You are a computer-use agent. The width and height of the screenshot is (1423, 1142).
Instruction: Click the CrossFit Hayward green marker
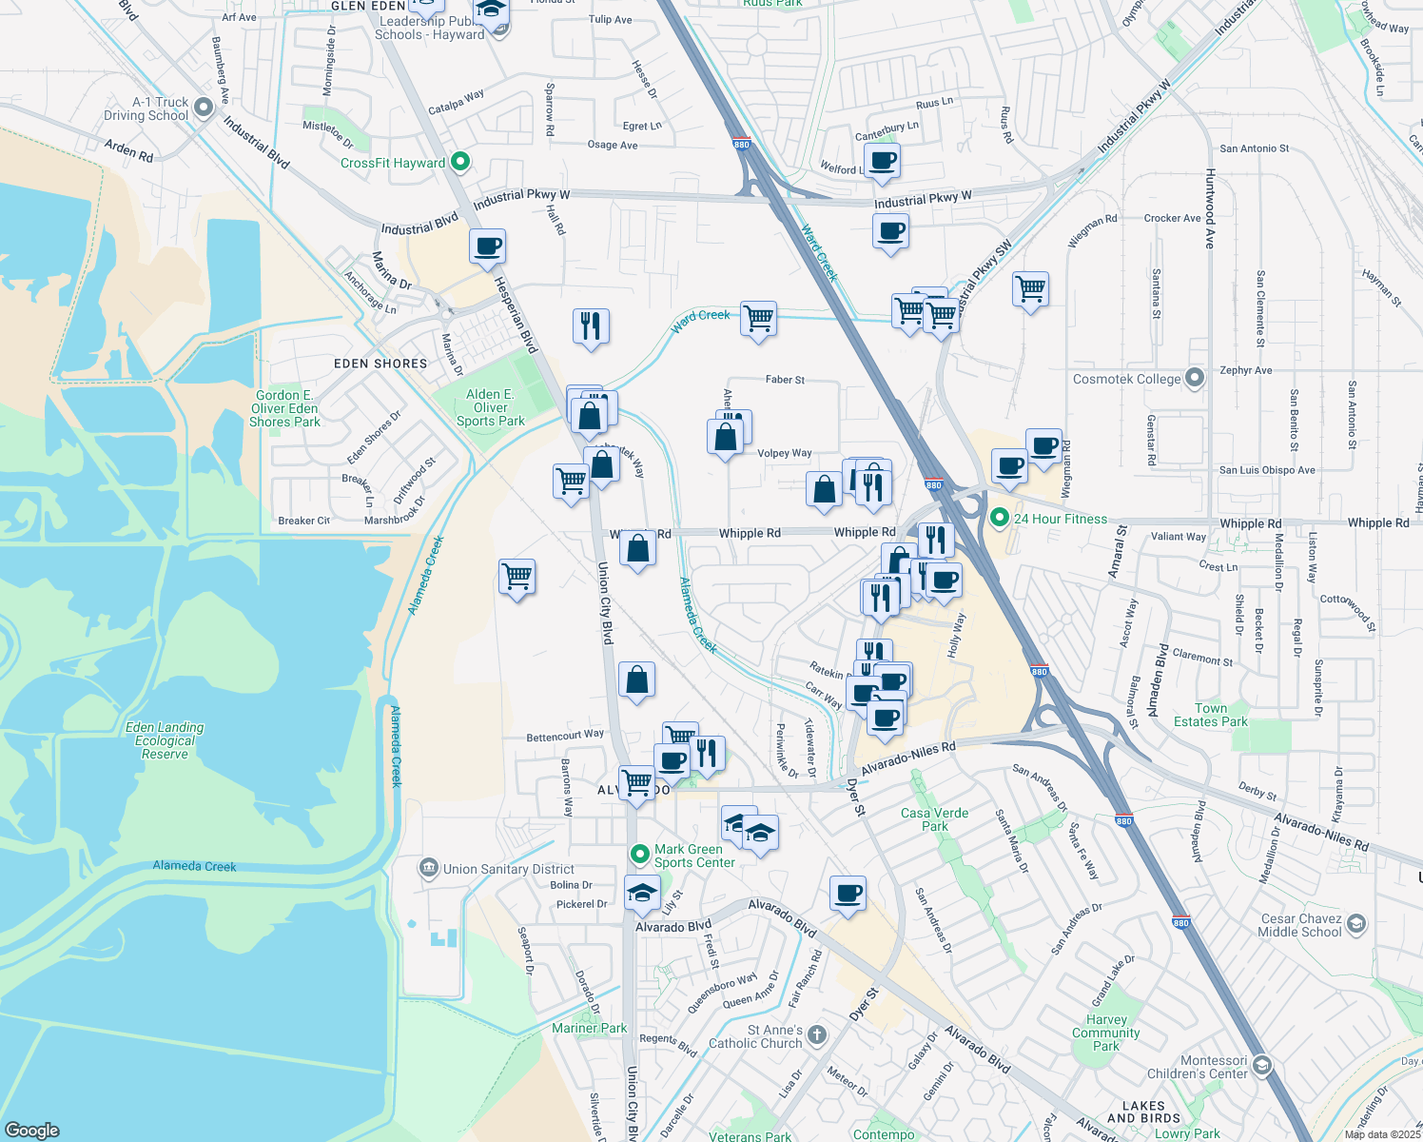(x=460, y=162)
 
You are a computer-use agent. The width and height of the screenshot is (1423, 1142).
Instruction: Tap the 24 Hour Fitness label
(x=1060, y=519)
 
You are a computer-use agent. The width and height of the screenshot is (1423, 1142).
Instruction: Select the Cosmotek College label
(x=1126, y=379)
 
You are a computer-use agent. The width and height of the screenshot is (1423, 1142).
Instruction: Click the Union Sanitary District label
(x=508, y=869)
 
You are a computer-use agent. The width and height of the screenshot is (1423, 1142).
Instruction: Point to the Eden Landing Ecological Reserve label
(x=165, y=740)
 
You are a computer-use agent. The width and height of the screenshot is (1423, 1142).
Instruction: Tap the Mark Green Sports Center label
(x=694, y=856)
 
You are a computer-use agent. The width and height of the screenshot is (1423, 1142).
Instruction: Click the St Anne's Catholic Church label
(x=755, y=1036)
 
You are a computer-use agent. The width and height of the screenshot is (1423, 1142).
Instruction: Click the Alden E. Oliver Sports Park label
(x=490, y=407)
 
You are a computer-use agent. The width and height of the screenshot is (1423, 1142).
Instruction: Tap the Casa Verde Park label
(x=934, y=819)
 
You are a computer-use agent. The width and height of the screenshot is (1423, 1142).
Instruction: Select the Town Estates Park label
(x=1210, y=715)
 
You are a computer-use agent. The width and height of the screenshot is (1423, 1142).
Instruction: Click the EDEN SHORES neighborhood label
(x=380, y=364)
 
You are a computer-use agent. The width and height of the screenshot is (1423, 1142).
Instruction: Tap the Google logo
(x=32, y=1130)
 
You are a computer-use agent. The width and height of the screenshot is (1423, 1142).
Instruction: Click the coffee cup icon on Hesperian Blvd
(x=488, y=247)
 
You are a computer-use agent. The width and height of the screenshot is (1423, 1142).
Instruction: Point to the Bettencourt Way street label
(x=565, y=736)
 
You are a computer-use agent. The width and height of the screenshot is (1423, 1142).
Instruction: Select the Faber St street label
(x=785, y=380)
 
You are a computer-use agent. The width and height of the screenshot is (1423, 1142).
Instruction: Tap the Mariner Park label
(x=589, y=1028)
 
